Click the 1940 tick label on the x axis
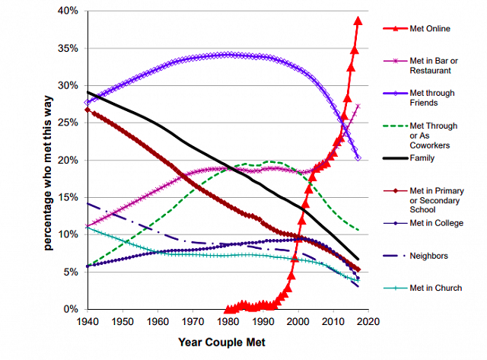click(88, 322)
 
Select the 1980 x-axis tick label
click(227, 322)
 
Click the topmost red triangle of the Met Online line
click(358, 21)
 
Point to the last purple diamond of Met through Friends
click(358, 158)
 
